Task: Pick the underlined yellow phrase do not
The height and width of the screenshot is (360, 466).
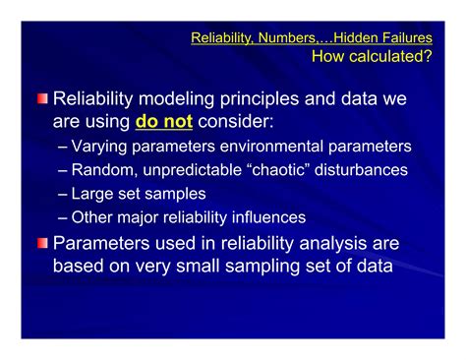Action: coord(163,123)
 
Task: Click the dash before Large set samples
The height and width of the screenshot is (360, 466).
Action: coord(64,194)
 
